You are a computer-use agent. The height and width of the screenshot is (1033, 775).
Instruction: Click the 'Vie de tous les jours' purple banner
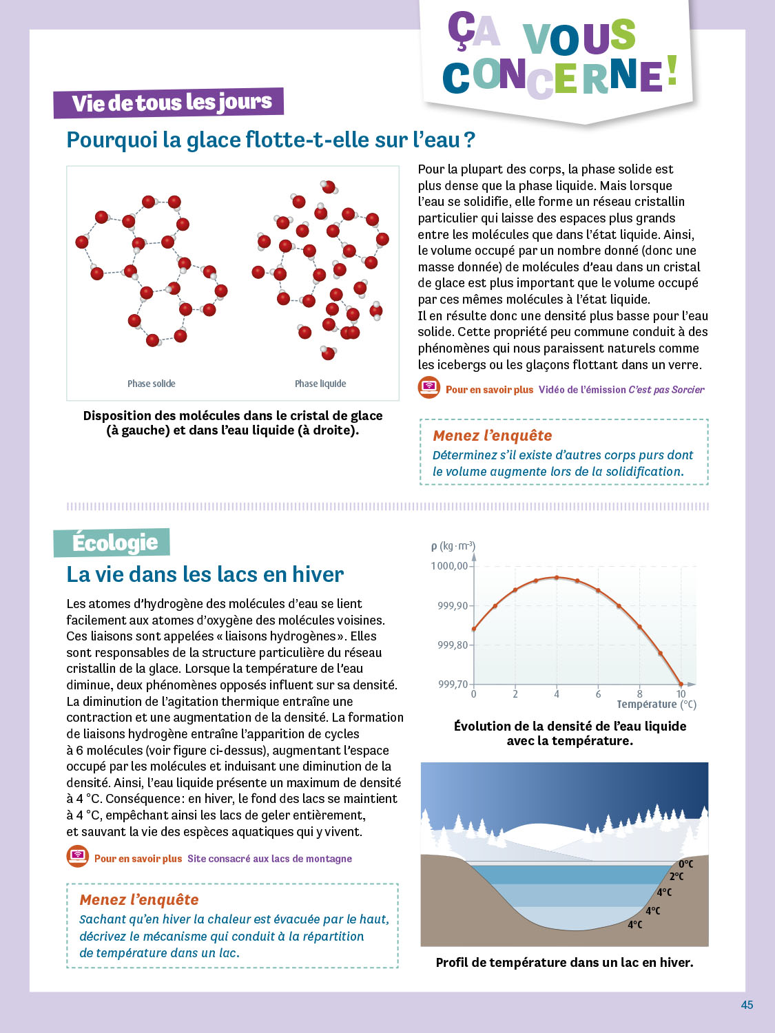tap(169, 103)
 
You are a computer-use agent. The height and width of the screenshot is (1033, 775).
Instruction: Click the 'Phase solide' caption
tap(152, 384)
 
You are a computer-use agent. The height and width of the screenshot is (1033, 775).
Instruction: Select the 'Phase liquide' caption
tap(320, 384)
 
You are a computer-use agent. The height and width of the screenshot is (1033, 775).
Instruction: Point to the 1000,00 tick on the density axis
tap(449, 566)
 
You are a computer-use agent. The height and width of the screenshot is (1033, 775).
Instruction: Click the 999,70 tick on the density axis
tap(453, 684)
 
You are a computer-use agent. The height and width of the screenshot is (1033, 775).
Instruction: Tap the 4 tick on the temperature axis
tap(557, 694)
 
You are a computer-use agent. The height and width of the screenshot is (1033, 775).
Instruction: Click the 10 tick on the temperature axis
tap(681, 694)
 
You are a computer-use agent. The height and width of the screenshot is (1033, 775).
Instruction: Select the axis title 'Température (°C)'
tap(657, 705)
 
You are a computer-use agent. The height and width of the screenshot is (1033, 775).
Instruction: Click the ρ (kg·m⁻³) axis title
tap(453, 546)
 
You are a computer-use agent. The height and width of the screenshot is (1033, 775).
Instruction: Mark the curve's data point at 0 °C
tap(474, 629)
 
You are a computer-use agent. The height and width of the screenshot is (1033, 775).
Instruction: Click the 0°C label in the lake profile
tap(686, 864)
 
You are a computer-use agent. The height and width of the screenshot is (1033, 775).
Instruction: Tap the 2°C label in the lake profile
tap(676, 877)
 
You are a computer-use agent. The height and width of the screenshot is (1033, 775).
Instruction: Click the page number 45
tap(747, 1005)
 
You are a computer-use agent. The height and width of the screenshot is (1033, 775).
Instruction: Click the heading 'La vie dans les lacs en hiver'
tap(205, 574)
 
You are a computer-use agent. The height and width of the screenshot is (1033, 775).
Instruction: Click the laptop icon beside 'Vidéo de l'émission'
tap(429, 388)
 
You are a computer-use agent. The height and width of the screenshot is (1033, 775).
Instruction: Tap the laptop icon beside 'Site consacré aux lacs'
tap(78, 857)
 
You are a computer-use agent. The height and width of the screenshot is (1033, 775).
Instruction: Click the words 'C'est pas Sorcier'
tap(666, 390)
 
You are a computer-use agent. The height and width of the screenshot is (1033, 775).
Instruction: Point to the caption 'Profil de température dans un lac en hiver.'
tap(564, 963)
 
